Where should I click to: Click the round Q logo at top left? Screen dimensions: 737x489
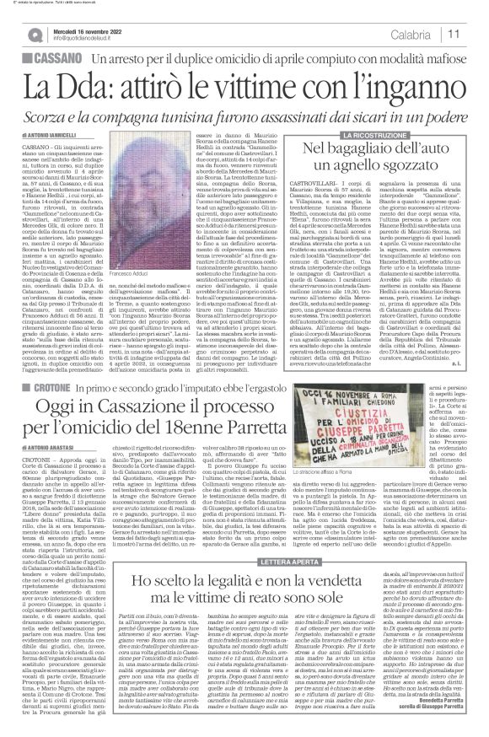tap(36, 35)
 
